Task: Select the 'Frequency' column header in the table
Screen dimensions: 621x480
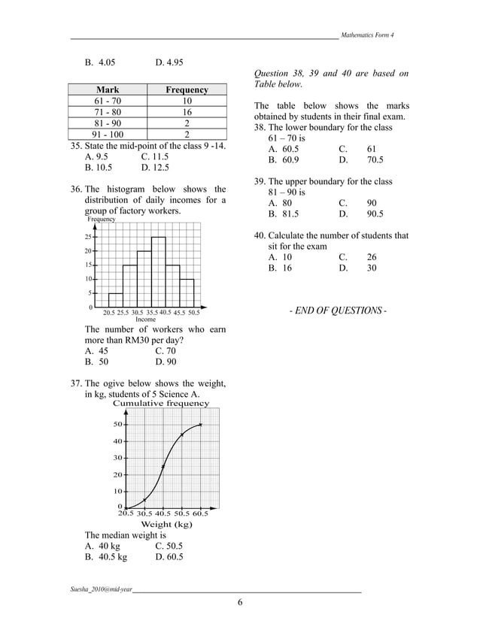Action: pos(187,90)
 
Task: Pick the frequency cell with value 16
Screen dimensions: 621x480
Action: pos(187,113)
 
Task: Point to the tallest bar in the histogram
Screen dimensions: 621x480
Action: pos(158,271)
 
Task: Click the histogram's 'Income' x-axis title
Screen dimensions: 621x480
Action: pos(145,319)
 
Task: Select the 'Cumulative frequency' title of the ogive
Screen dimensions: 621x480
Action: pos(161,403)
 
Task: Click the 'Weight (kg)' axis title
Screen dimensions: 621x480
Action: pos(166,523)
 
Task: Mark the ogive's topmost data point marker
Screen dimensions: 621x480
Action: pos(200,425)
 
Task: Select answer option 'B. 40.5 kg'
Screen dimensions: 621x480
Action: pos(106,557)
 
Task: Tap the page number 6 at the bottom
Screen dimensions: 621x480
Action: pos(240,603)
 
